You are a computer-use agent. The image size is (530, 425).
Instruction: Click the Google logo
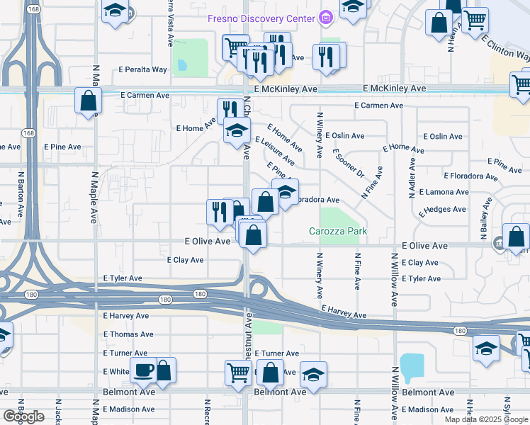click(x=23, y=416)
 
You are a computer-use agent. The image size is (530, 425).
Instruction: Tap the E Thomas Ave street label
click(x=128, y=334)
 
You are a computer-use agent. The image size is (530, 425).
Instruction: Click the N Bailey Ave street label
click(x=483, y=220)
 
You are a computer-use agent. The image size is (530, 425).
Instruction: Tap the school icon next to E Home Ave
click(x=237, y=130)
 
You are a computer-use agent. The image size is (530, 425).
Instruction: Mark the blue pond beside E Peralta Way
click(x=182, y=66)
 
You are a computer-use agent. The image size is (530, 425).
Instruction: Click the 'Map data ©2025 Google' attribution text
click(x=485, y=419)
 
